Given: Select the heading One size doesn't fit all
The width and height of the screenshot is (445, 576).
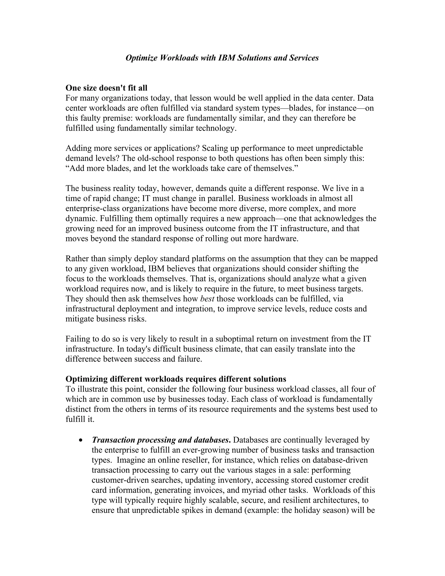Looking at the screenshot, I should [x=106, y=88].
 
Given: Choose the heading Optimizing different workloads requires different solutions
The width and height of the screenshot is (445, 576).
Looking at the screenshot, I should [x=176, y=379].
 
